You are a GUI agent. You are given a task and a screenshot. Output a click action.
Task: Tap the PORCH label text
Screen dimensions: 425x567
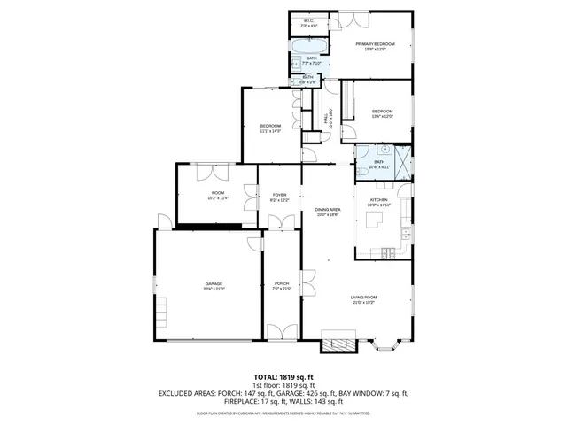pos(282,283)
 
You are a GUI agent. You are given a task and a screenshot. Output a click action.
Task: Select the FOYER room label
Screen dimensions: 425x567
pos(279,195)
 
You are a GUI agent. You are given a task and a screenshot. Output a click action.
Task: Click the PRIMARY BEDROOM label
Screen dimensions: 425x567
pos(375,43)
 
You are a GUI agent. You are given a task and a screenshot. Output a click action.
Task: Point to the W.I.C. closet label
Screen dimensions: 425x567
pos(308,21)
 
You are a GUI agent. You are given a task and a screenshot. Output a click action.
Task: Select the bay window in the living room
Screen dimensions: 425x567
pos(386,344)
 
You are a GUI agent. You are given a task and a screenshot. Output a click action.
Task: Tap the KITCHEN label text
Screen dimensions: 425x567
pos(378,200)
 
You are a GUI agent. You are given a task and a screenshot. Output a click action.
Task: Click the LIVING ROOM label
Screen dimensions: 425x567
pos(363,297)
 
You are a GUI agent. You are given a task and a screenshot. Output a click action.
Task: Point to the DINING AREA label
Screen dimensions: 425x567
pos(328,210)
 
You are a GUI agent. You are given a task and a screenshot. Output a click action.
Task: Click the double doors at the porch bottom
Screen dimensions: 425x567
pos(282,332)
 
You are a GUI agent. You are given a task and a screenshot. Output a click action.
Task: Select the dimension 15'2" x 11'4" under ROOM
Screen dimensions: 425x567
pos(218,198)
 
